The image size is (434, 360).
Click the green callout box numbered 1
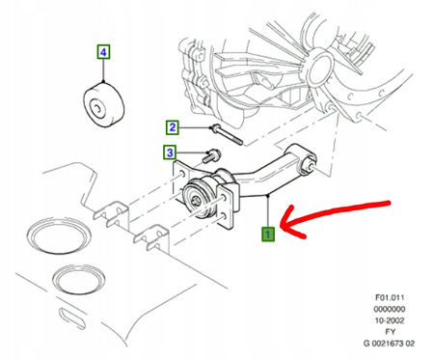click(x=268, y=234)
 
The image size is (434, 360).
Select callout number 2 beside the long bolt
click(x=173, y=127)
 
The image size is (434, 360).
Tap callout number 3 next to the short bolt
click(x=170, y=152)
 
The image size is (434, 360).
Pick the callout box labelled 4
click(x=103, y=52)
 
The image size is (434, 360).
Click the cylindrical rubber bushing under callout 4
click(x=104, y=104)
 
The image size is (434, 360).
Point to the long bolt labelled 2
click(x=227, y=134)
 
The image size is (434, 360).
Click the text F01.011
click(x=390, y=297)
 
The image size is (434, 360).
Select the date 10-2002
click(x=390, y=320)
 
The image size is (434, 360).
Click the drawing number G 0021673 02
click(x=389, y=344)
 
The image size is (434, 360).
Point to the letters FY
click(x=390, y=332)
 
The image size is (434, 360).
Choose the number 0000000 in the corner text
click(x=390, y=309)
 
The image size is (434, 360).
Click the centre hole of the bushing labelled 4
click(x=96, y=107)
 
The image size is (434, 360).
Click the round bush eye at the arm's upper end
click(x=308, y=164)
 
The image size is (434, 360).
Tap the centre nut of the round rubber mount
click(x=196, y=201)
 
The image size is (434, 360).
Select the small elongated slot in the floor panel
click(x=72, y=318)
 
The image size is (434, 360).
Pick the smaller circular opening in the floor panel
click(x=78, y=279)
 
